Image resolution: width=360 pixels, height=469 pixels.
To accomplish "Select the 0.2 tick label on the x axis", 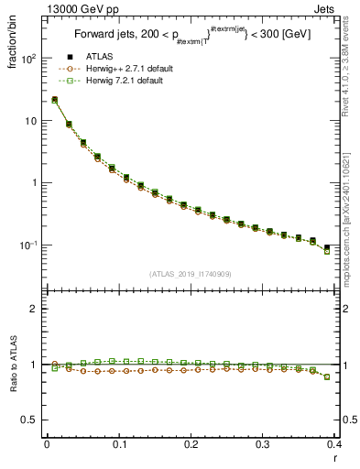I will click(190, 445).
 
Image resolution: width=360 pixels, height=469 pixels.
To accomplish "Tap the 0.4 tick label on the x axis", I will click(333, 445).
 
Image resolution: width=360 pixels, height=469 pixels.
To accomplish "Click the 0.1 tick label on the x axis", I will click(118, 445).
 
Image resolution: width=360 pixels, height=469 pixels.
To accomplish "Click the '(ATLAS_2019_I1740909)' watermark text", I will click(190, 274).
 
